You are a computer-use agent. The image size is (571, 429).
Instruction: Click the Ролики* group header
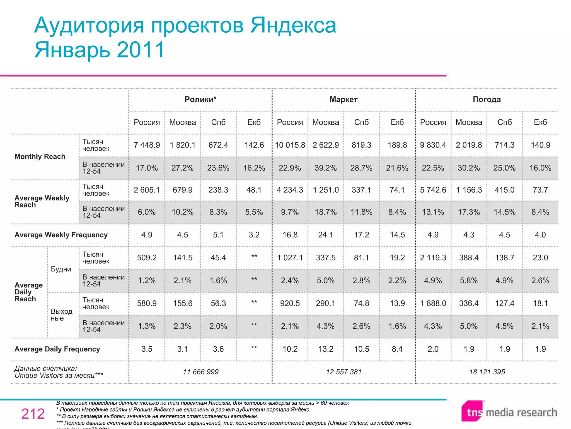click(x=200, y=99)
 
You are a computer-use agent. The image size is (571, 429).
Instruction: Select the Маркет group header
click(x=343, y=99)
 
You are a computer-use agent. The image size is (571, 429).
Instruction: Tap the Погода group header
click(x=487, y=99)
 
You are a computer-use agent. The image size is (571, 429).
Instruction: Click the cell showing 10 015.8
click(x=290, y=145)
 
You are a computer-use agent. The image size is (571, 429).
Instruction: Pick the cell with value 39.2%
click(x=326, y=168)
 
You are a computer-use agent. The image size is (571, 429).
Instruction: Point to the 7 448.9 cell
click(x=147, y=145)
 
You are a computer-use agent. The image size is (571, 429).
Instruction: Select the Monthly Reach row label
click(x=40, y=156)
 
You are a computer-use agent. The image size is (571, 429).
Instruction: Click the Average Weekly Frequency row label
click(x=61, y=235)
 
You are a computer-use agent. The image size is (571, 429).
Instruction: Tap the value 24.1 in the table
click(x=326, y=235)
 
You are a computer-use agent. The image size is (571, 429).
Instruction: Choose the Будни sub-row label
click(x=61, y=269)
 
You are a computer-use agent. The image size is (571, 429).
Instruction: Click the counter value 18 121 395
click(x=487, y=372)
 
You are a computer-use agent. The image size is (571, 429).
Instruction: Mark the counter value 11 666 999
click(x=200, y=372)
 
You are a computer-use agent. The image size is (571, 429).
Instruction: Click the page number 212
click(x=33, y=414)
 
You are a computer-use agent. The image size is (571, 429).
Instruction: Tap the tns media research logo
click(x=509, y=412)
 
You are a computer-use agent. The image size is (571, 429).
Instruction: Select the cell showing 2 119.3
click(x=433, y=258)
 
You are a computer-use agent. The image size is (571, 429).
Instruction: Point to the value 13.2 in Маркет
click(x=326, y=349)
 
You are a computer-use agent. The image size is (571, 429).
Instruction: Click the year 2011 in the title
click(x=141, y=50)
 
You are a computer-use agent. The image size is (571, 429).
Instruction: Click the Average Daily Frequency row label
click(x=57, y=349)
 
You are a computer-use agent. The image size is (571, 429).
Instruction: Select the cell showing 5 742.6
click(x=433, y=190)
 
